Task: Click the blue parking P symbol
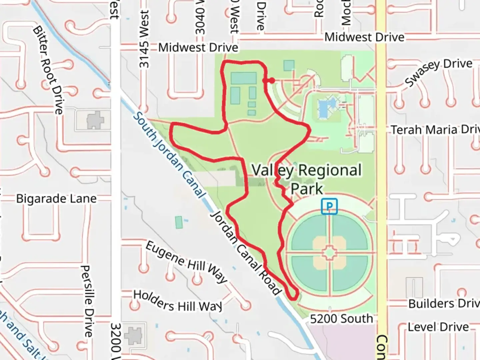coord(329,206)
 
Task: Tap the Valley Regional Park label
coord(306,179)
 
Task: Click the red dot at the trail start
coord(272,80)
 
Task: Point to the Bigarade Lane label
coord(56,199)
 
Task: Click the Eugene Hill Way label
coord(186,262)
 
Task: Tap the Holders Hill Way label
coord(177,301)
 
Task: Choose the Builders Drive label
coord(443,303)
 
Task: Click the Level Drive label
coord(438,327)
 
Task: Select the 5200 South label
coord(341,319)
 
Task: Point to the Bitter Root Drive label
coord(48,70)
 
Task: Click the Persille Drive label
coord(87,301)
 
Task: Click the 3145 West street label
coord(144,39)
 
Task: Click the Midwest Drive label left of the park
coord(198,48)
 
